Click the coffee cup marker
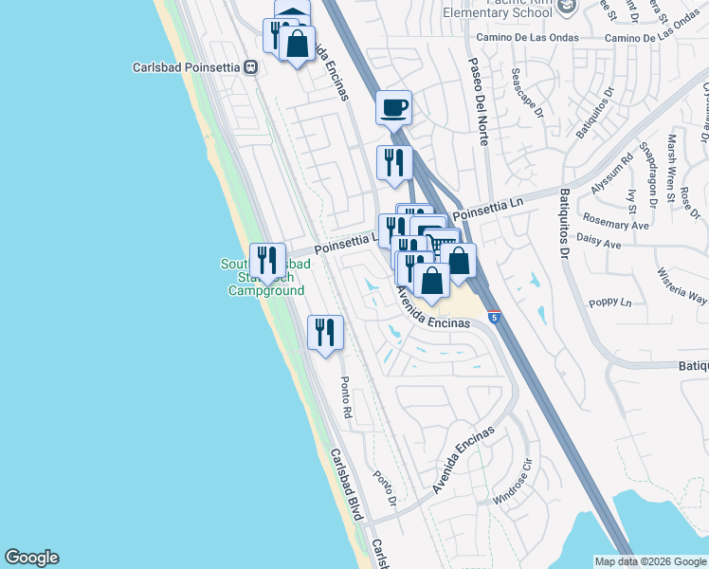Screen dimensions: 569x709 393,107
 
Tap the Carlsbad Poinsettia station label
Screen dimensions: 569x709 186,67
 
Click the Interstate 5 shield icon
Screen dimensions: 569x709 494,318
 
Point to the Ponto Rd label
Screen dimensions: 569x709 346,397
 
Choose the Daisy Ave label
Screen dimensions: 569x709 598,244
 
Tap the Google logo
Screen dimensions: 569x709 31,558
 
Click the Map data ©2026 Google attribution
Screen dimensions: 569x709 649,561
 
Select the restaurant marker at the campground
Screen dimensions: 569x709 268,260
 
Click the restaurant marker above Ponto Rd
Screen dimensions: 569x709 325,332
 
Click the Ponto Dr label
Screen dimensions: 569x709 384,489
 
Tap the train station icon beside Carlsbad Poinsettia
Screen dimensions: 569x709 251,67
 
